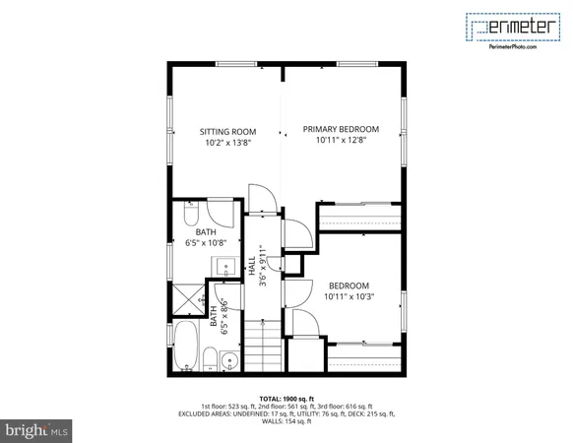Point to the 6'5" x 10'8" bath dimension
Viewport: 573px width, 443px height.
(205, 241)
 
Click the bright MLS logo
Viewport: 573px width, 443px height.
(37, 430)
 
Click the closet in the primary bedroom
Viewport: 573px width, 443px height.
(359, 217)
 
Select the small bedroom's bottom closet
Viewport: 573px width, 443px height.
(362, 356)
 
